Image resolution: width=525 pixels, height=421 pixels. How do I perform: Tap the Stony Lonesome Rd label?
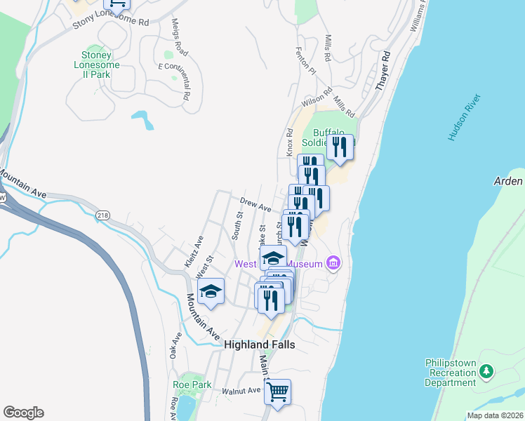[112, 23]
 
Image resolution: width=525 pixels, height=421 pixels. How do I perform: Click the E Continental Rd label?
[175, 81]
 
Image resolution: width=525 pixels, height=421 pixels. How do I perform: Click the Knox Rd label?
[289, 142]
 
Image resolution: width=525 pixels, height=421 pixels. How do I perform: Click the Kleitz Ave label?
[194, 250]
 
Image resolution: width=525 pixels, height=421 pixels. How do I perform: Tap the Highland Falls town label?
[259, 345]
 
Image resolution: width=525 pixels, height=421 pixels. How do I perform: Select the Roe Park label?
[192, 385]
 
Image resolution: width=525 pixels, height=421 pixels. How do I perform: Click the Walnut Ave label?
[241, 390]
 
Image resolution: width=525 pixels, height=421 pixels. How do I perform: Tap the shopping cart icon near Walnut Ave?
[277, 391]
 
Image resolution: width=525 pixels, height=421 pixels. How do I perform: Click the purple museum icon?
[333, 264]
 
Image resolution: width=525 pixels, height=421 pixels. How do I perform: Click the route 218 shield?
[104, 214]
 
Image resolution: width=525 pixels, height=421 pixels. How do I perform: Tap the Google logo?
[23, 413]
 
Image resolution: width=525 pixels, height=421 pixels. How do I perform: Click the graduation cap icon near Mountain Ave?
[210, 291]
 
